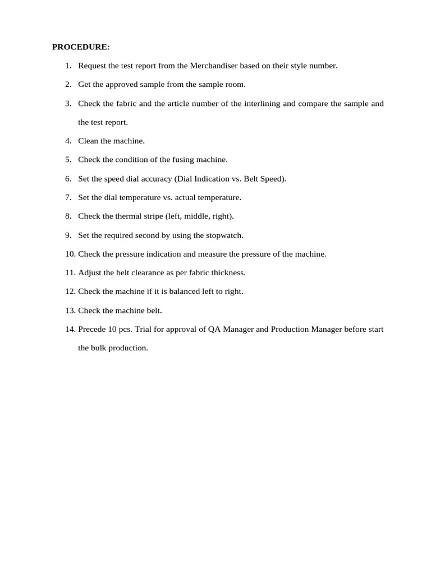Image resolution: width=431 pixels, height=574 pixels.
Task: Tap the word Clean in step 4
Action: click(88, 141)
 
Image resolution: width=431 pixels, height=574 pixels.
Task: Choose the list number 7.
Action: click(68, 197)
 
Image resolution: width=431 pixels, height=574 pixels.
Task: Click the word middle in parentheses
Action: click(198, 216)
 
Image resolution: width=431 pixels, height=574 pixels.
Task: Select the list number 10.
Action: click(70, 254)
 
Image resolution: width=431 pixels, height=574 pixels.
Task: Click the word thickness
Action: click(227, 273)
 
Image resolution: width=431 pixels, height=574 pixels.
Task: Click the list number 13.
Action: click(70, 311)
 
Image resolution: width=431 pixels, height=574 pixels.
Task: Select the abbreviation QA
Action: click(214, 329)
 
